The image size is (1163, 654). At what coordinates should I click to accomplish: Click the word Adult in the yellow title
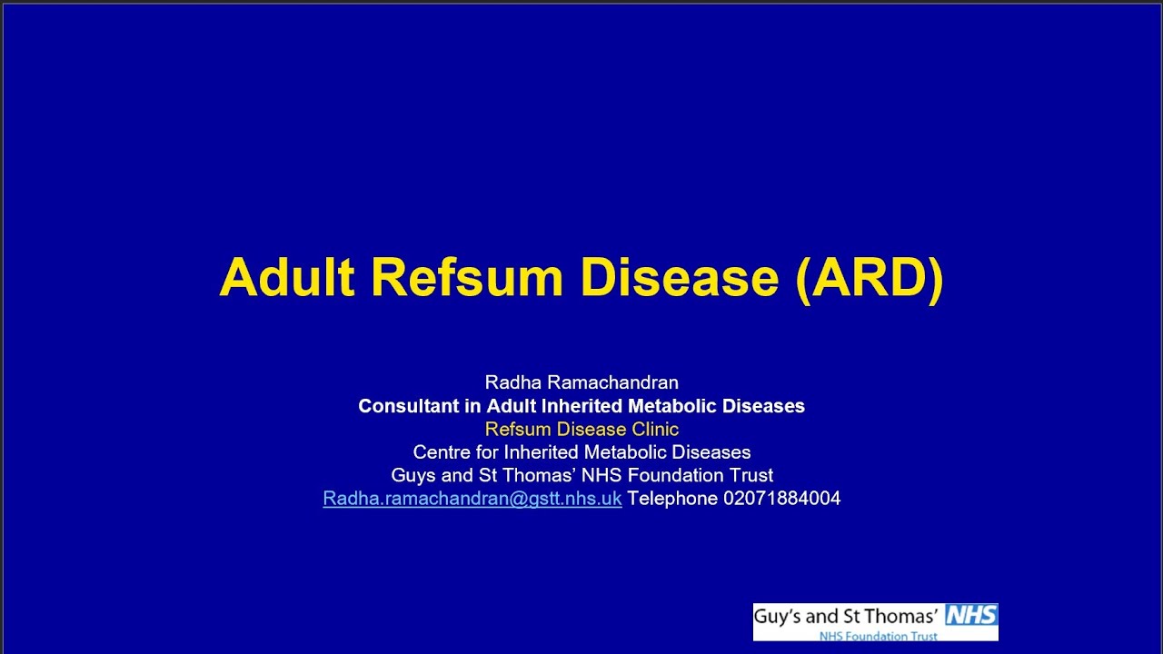286,277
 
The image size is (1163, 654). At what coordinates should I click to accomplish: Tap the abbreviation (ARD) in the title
870,277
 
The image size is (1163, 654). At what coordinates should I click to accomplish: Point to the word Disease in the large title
680,277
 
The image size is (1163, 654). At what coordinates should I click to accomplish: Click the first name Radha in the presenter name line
510,382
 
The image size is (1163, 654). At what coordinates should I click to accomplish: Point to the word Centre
442,452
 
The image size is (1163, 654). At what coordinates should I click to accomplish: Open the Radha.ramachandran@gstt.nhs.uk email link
472,499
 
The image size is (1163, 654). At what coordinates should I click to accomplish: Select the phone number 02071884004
781,499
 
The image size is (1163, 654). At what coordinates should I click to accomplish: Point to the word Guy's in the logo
778,617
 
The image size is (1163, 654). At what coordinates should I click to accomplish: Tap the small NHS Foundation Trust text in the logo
865,636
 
